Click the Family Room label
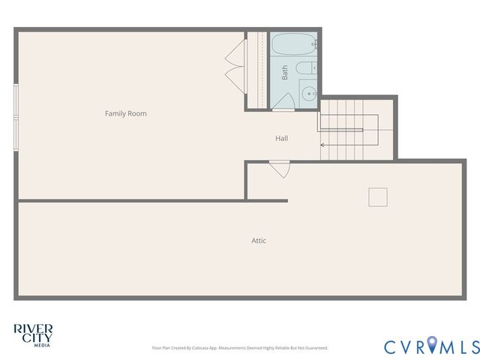[x=125, y=113]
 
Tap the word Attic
[x=258, y=241]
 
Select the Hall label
[x=281, y=138]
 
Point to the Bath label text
[x=285, y=73]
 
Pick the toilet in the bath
[x=305, y=70]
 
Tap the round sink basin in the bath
[x=307, y=94]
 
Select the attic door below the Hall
[x=279, y=169]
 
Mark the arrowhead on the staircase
[x=322, y=145]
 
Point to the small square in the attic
[x=378, y=196]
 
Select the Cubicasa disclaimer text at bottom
[x=240, y=348]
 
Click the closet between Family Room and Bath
[x=257, y=70]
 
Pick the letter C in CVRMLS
[x=391, y=346]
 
